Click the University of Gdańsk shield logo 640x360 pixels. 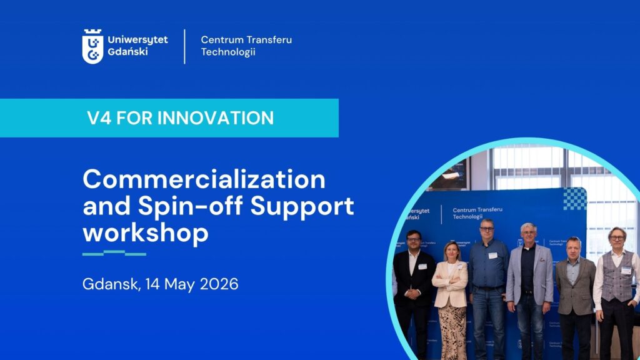tap(92, 46)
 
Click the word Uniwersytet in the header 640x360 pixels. tap(137, 40)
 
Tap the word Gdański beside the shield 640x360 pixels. tap(127, 52)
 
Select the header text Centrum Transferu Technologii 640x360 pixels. tap(246, 46)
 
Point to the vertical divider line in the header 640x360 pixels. tap(184, 46)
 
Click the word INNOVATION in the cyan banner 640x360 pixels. tap(216, 118)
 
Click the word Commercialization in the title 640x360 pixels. tap(204, 179)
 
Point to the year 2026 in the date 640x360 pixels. tap(219, 284)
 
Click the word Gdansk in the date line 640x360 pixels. tap(111, 284)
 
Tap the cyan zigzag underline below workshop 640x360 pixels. tap(114, 253)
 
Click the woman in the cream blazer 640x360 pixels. tap(451, 300)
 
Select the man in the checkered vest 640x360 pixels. tap(616, 292)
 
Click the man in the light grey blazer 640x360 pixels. tap(529, 290)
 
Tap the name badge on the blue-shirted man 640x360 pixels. tap(492, 256)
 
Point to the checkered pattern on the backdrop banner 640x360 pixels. tap(575, 199)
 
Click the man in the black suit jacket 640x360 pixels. tap(414, 294)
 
